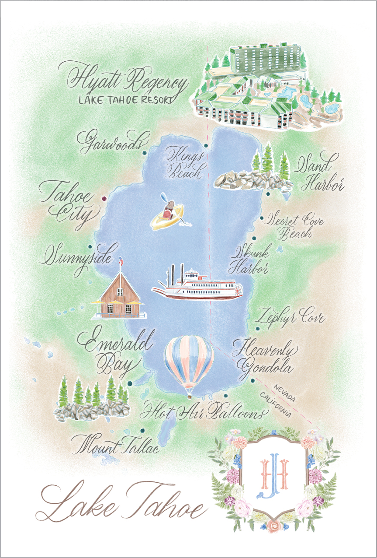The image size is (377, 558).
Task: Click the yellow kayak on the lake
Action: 167,215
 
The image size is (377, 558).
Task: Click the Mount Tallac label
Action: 115,443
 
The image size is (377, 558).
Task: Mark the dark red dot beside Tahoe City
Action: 104,199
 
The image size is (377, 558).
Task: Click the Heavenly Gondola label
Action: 264,358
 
